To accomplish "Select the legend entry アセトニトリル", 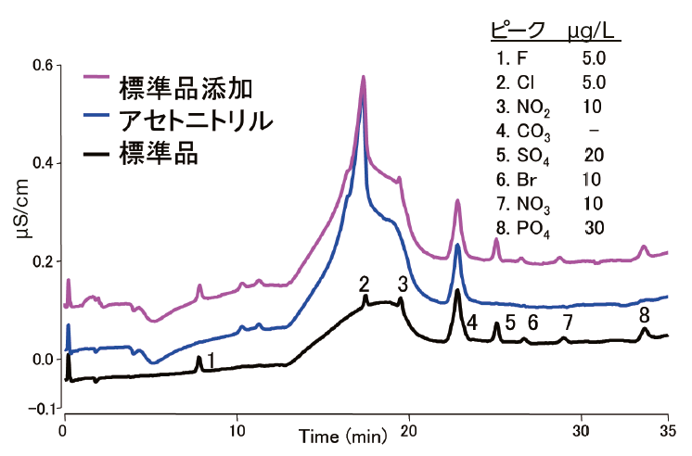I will (x=196, y=120).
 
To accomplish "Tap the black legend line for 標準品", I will (x=96, y=151).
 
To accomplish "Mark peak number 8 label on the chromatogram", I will (x=644, y=316).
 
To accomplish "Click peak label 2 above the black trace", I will (x=365, y=284).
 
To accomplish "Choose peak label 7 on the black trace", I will (x=568, y=322).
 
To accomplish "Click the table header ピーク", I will (x=518, y=32).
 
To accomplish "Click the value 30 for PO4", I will (x=594, y=226).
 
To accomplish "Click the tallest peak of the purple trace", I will (x=363, y=78).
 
